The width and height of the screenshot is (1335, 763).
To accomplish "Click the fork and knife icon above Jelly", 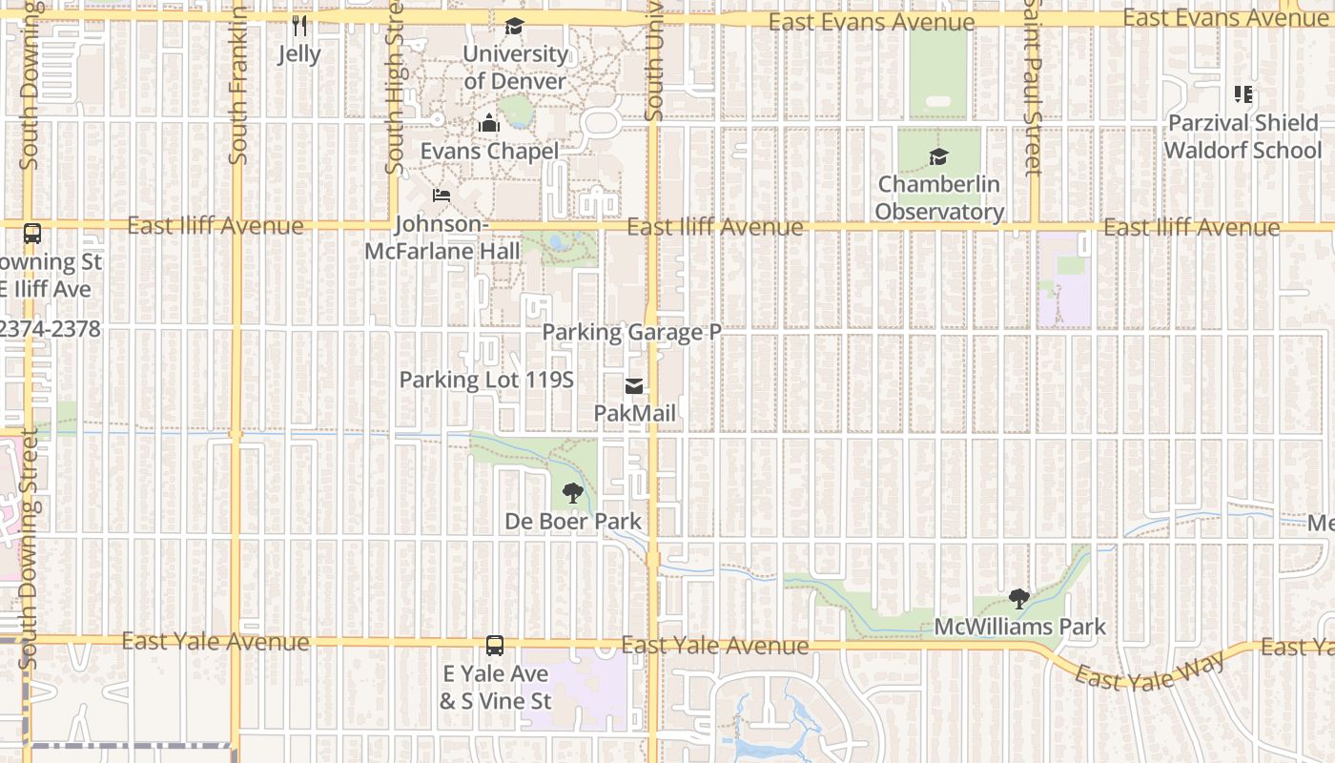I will pos(299,25).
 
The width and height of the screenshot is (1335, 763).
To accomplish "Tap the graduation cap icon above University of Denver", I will pos(515,26).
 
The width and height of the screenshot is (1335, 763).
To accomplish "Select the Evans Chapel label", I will pos(489,151).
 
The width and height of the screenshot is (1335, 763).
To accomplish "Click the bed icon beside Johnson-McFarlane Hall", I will pos(441,196).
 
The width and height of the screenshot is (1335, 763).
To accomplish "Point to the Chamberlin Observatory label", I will pos(939,198).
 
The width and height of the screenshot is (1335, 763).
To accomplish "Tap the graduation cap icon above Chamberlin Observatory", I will pos(939,156).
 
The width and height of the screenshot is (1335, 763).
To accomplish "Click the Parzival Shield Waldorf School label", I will pos(1243,136).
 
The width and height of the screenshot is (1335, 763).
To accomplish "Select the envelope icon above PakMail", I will pos(634,386).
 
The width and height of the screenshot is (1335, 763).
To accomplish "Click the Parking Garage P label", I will pos(631,332).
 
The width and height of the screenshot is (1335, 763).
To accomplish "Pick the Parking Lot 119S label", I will pos(486,380).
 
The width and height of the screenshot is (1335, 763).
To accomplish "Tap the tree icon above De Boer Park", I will pos(573,493).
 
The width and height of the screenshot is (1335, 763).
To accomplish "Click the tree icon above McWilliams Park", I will pos(1019,599).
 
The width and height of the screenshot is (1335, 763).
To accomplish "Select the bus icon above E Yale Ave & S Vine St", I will pos(495,645).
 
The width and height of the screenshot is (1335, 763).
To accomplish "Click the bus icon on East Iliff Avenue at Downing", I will pos(32,233).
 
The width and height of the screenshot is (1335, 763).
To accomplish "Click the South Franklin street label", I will pos(237,86).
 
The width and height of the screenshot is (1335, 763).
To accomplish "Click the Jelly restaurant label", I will pos(299,54).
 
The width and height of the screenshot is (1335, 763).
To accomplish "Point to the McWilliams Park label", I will pos(1019,627).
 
